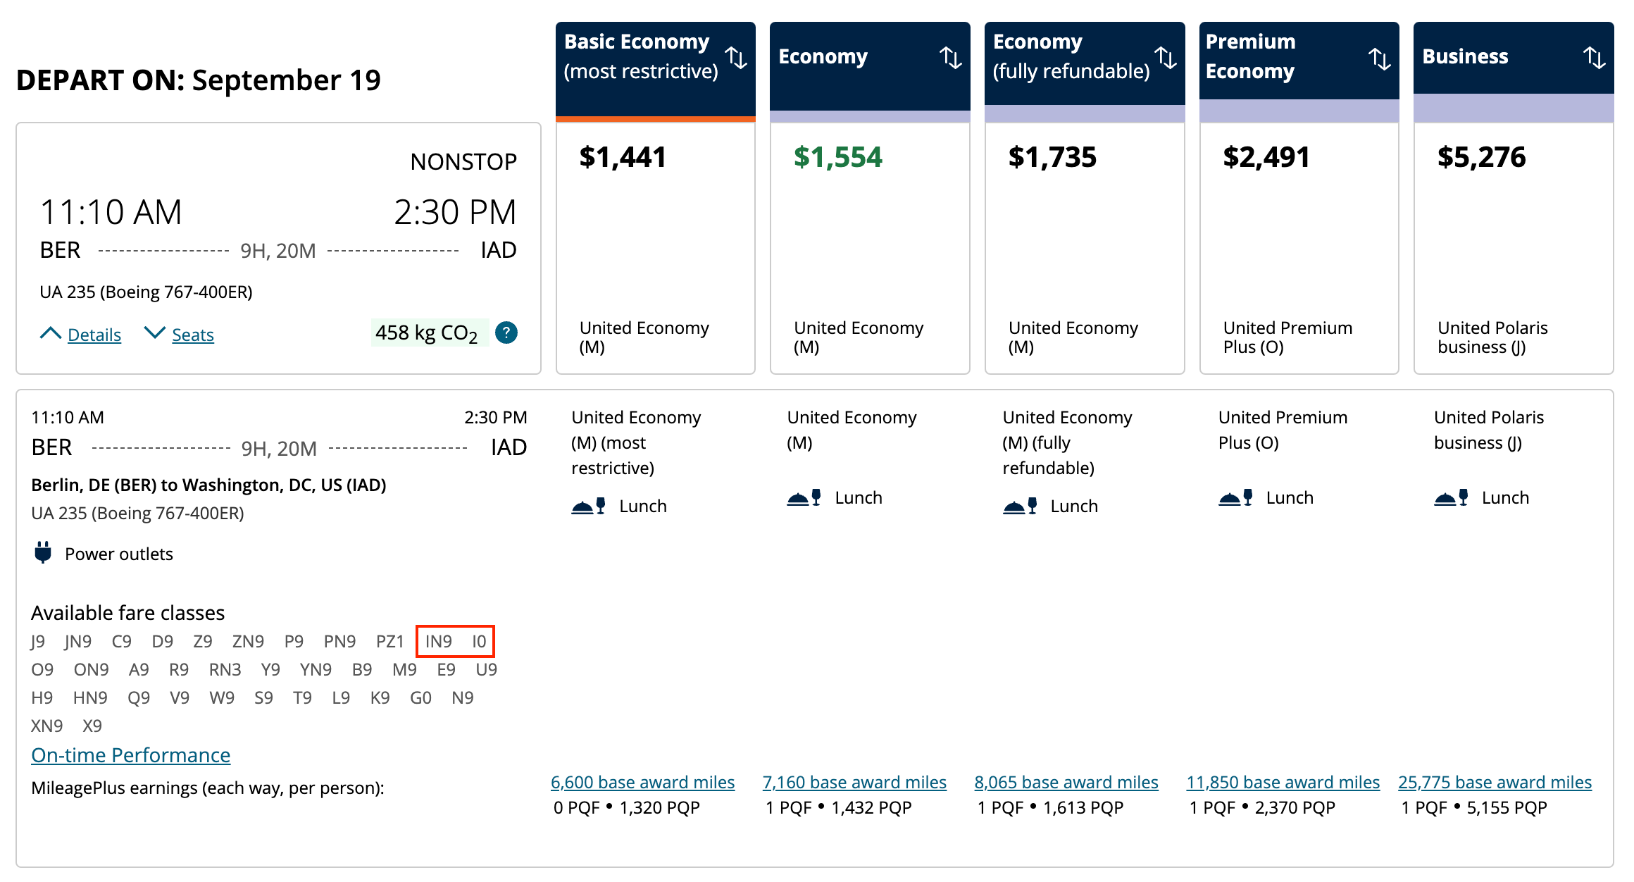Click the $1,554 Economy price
tap(837, 157)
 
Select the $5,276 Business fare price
tap(1481, 157)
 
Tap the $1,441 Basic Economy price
tap(623, 157)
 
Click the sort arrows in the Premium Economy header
tap(1379, 58)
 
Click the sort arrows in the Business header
tap(1594, 57)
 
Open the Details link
tap(94, 335)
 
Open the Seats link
tap(192, 335)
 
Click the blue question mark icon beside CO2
tap(506, 333)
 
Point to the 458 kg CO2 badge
tap(427, 333)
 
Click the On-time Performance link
tap(130, 755)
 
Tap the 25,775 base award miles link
tap(1495, 782)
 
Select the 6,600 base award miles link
tap(642, 782)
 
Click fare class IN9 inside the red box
tap(438, 641)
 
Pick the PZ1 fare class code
tap(389, 641)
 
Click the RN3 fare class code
tap(225, 669)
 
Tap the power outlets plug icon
tap(43, 553)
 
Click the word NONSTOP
tap(463, 162)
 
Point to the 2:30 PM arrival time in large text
tap(454, 212)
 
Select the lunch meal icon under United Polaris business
tap(1451, 498)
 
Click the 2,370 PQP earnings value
tap(1295, 807)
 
